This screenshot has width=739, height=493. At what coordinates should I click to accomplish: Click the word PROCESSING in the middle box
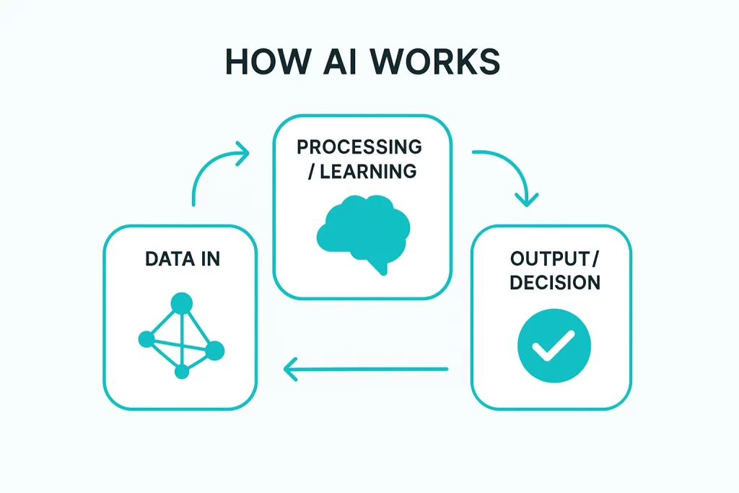359,147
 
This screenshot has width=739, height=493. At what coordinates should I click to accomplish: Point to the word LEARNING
368,171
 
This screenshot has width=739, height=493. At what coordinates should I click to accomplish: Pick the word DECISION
554,282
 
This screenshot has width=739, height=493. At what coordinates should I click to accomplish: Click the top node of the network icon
181,303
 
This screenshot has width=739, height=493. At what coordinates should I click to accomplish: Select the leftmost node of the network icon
146,339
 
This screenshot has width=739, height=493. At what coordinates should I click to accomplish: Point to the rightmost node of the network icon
214,351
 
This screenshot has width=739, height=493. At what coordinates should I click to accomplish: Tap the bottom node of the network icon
182,372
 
